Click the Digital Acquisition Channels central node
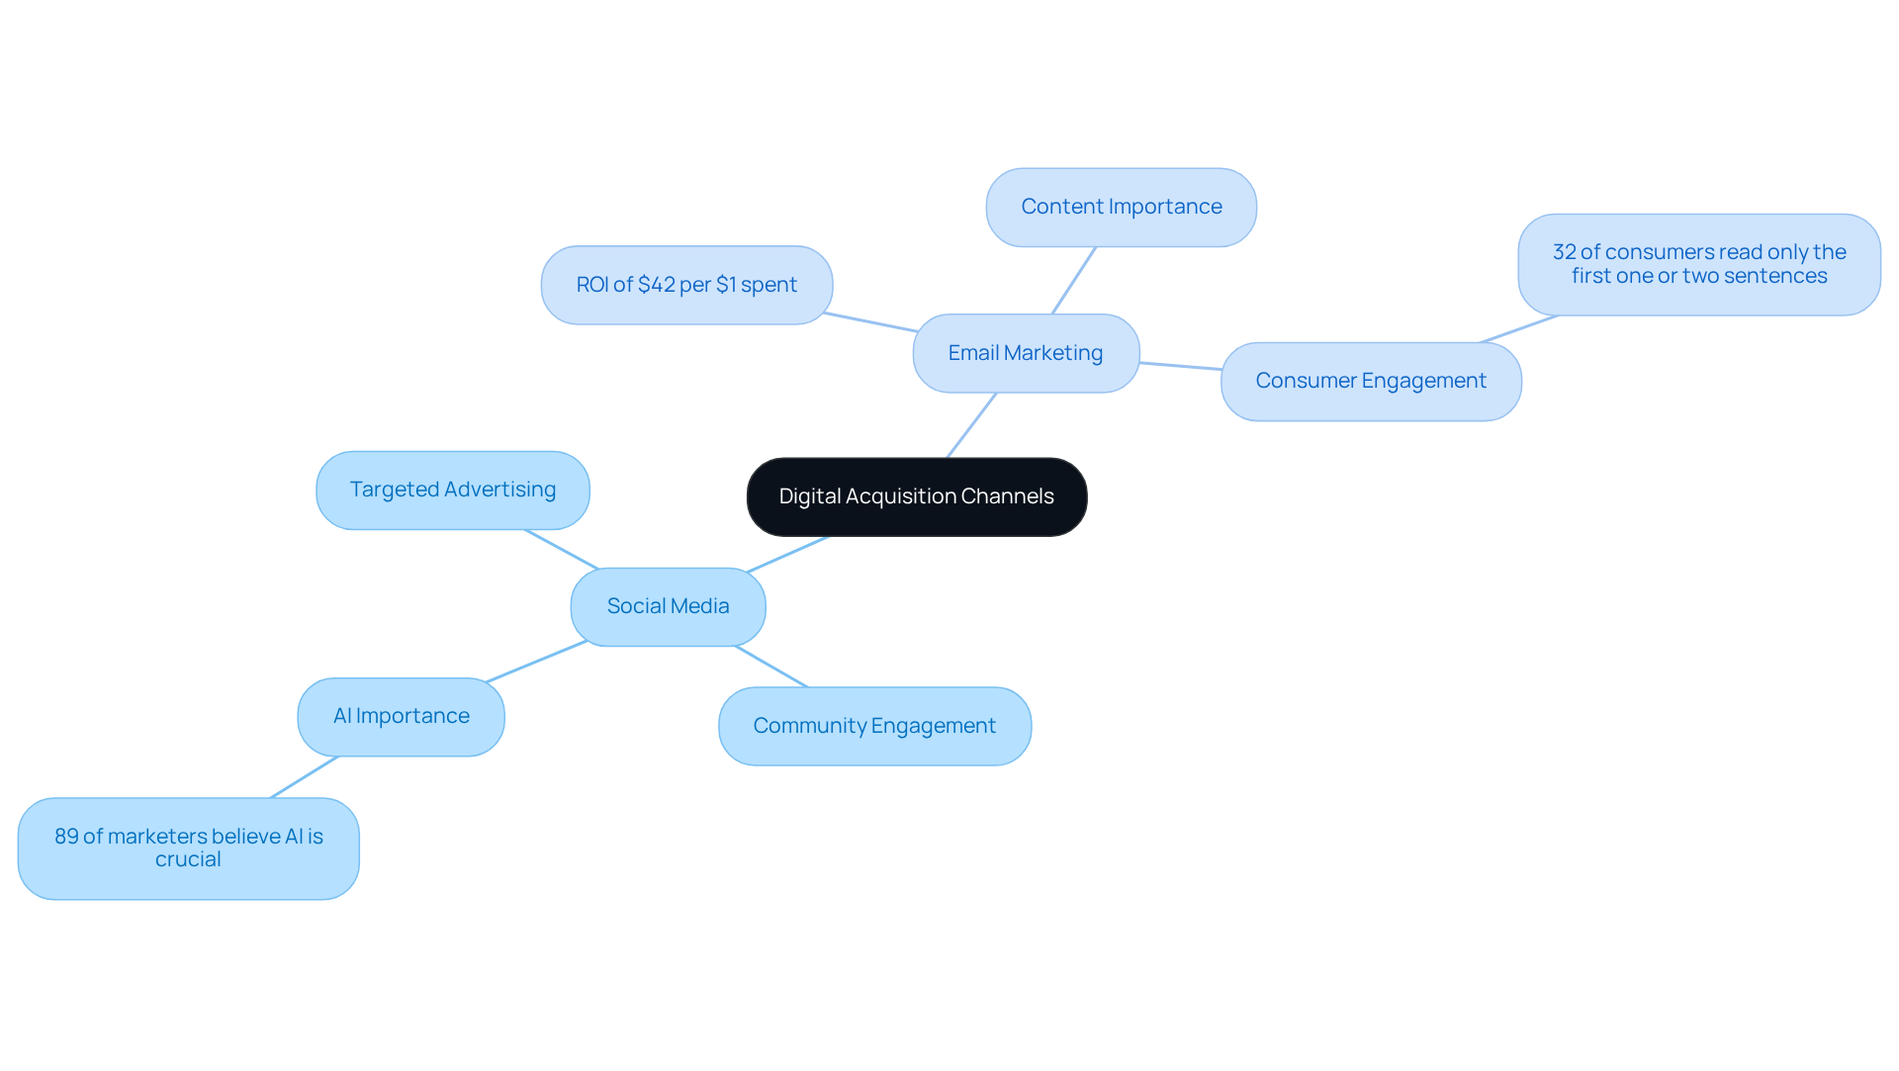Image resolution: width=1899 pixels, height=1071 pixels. point(916,496)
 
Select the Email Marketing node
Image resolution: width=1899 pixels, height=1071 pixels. point(1026,353)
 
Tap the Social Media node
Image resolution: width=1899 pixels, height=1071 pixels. point(668,606)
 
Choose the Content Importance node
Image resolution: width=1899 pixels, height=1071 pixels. point(1121,207)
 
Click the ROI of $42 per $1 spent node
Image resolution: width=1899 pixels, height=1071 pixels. point(686,285)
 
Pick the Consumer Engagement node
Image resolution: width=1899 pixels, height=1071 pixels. point(1370,381)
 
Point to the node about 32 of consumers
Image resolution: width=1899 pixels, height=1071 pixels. point(1698,264)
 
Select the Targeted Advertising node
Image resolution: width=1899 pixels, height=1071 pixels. point(452,490)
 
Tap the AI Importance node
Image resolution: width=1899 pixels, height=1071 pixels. point(401,716)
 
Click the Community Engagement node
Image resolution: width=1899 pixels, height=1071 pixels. point(874,726)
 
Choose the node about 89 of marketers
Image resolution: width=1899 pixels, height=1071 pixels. point(188,848)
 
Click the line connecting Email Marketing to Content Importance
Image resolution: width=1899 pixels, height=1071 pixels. point(1073,281)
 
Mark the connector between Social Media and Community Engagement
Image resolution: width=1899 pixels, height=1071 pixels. point(771,667)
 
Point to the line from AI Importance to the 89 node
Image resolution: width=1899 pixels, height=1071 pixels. point(305,777)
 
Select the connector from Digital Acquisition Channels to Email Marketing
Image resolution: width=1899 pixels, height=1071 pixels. point(971,425)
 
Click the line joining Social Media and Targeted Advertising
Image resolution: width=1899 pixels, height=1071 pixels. point(561,549)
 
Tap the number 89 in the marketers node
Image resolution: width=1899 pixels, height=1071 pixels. point(66,837)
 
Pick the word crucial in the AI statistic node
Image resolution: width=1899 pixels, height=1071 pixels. point(188,859)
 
